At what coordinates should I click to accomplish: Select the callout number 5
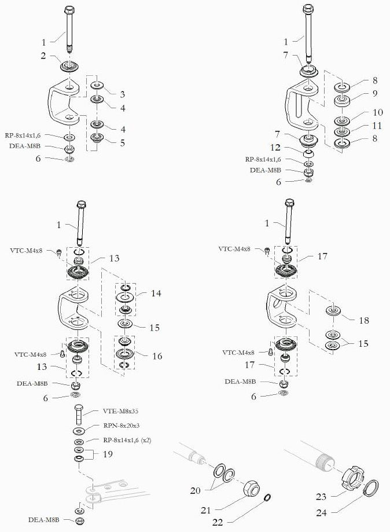point(123,142)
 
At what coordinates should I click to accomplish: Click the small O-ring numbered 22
point(268,498)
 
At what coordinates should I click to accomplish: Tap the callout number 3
point(123,94)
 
